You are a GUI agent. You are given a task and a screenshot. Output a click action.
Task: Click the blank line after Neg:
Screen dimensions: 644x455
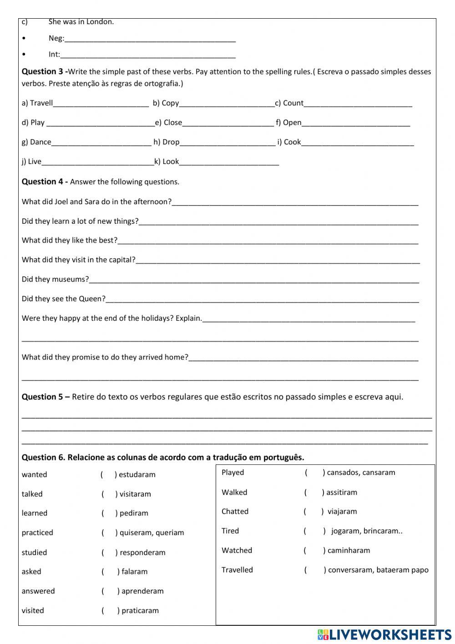[x=150, y=39]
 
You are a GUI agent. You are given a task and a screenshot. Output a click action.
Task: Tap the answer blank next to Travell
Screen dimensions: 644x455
[x=101, y=104]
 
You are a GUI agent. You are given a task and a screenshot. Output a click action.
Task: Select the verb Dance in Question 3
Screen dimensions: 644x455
[x=40, y=142]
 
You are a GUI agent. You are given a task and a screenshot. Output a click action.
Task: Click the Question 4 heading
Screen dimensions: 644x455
[x=45, y=182]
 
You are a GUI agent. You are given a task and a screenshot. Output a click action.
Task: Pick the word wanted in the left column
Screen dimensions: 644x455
[x=34, y=474]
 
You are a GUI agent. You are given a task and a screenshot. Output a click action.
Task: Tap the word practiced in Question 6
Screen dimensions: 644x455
[x=37, y=533]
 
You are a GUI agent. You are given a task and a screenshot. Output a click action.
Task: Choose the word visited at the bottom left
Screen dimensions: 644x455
[x=33, y=611]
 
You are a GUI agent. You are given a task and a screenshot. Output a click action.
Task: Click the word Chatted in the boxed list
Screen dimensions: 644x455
[x=235, y=511]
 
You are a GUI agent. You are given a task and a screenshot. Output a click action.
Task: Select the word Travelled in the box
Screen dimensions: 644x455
[x=237, y=570]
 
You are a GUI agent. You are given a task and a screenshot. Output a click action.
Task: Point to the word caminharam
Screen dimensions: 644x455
[x=349, y=551]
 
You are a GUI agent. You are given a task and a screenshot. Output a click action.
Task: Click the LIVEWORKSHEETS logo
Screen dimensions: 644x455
[x=384, y=634]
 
